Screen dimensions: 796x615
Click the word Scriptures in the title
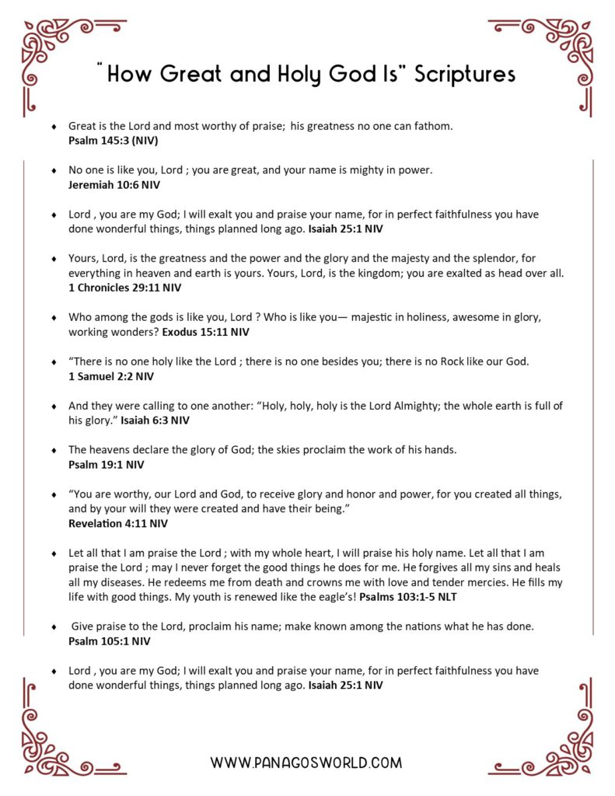(465, 75)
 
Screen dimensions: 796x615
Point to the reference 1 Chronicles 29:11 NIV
(124, 288)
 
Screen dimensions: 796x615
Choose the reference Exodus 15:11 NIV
(206, 332)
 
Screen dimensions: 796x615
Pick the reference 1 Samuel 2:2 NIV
(111, 376)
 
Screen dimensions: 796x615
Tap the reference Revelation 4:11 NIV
(118, 524)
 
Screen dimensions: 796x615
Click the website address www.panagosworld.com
(306, 763)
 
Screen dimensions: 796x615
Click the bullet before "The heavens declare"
(54, 450)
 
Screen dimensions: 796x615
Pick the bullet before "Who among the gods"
(54, 318)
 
